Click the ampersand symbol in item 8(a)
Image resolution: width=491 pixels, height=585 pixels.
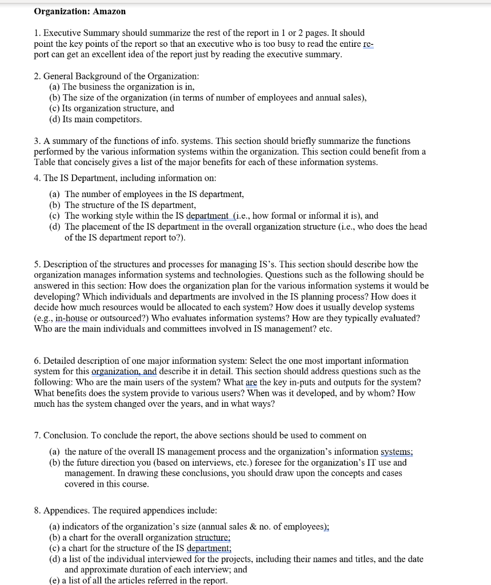pyautogui.click(x=272, y=527)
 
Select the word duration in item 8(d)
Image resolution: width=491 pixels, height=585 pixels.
pyautogui.click(x=135, y=570)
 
